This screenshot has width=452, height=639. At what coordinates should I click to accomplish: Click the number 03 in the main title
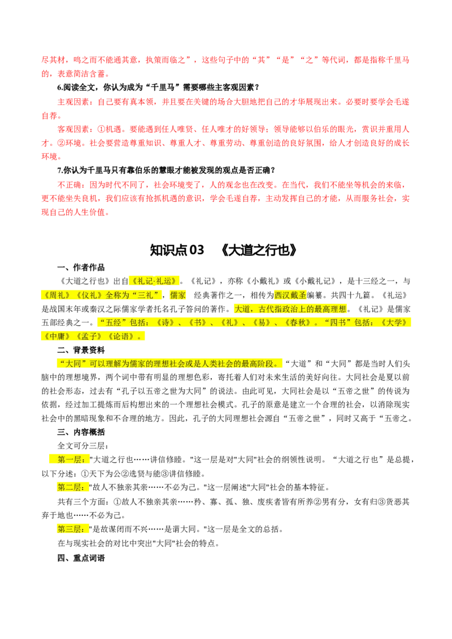coord(197,250)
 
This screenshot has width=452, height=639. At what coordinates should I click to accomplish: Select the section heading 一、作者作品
coord(81,268)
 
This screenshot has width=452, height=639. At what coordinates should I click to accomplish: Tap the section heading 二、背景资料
coord(81,350)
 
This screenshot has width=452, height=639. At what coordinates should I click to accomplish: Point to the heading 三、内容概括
coord(81,432)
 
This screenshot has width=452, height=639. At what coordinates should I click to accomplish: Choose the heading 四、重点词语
coord(81,558)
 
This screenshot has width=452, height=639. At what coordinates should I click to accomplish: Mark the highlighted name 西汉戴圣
coord(290,295)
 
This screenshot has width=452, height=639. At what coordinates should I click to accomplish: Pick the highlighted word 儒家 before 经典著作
coord(177,295)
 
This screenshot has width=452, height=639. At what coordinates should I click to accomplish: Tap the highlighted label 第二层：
coord(73,487)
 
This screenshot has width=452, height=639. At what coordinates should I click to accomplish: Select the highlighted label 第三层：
coord(73,529)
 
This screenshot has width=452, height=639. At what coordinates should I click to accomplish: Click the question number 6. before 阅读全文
coord(60,87)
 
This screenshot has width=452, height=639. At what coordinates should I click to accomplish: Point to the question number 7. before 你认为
coord(60,170)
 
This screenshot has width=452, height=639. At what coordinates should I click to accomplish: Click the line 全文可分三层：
coord(83,445)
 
